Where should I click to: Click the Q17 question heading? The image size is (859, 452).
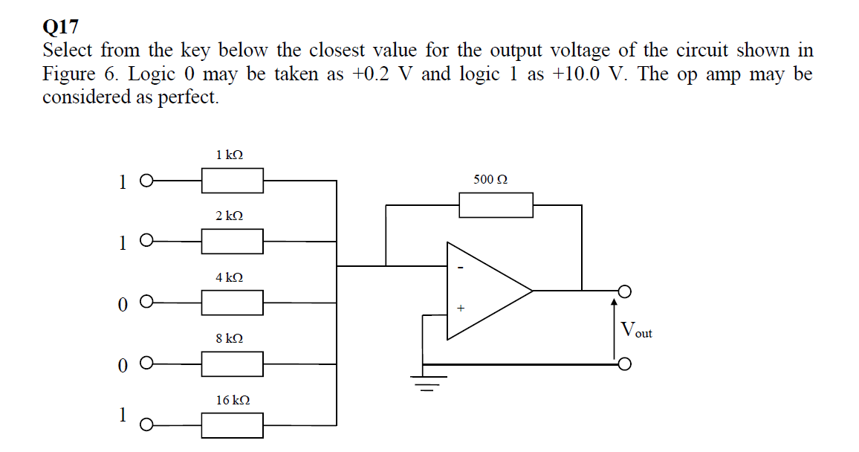click(61, 28)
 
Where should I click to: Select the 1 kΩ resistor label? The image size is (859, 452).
click(230, 155)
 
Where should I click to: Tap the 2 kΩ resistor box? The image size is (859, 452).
click(233, 241)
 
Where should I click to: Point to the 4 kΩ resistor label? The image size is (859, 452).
click(230, 277)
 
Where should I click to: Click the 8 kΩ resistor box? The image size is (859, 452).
click(233, 364)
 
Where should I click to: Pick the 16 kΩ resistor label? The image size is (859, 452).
click(233, 400)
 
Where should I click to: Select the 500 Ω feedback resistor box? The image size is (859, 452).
click(496, 205)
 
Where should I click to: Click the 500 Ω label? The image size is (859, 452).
click(490, 180)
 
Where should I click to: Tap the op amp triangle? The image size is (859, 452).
click(483, 291)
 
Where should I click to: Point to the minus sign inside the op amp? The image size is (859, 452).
click(461, 268)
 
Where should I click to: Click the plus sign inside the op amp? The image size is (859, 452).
click(461, 306)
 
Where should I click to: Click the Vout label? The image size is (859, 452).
click(636, 329)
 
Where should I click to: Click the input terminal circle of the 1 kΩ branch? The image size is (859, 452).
click(146, 180)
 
